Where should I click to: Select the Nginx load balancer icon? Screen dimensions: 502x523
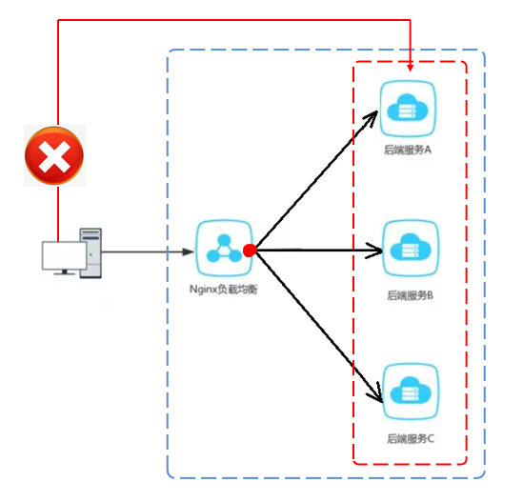tap(223, 250)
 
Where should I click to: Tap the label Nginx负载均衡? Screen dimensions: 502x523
tap(223, 290)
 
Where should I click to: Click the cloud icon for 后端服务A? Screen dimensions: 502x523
tap(408, 110)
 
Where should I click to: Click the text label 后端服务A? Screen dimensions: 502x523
tap(408, 150)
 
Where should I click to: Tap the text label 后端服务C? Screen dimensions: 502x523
tap(411, 438)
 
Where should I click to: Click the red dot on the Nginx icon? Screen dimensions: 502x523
tap(250, 251)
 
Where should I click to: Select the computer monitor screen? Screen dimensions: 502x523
tap(62, 256)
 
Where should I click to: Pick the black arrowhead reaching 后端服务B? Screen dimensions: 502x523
tap(374, 251)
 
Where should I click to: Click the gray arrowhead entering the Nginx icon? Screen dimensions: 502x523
tap(188, 251)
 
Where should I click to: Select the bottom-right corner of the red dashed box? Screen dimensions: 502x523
tap(466, 463)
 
